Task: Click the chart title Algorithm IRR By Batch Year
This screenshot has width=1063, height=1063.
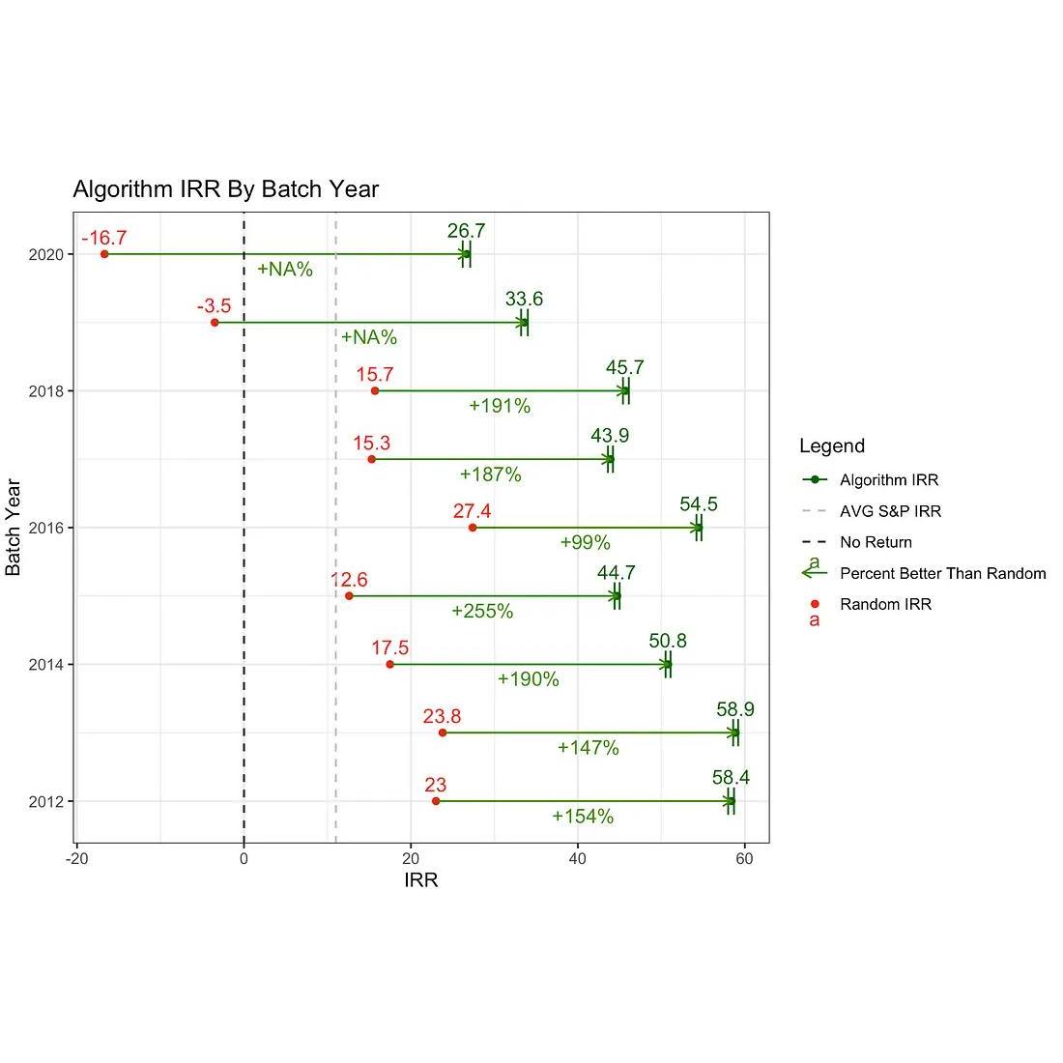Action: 225,189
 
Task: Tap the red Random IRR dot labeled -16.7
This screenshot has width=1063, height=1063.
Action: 104,254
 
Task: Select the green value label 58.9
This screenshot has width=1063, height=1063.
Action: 735,710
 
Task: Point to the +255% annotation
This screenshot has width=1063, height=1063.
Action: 482,612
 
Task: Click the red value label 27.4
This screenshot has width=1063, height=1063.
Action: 473,511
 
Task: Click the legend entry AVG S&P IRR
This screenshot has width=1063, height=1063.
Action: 889,511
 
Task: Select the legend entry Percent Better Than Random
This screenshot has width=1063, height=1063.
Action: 942,573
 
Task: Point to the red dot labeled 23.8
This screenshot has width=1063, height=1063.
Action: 443,733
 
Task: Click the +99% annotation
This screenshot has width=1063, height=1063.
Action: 585,543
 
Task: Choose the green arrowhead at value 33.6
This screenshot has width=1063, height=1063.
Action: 523,323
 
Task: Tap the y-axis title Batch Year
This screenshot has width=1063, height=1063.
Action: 14,527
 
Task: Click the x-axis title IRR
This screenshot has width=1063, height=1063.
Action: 421,880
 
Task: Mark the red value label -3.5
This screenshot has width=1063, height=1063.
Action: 214,306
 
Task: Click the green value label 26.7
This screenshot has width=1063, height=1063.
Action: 466,232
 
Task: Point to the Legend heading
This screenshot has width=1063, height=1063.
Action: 831,446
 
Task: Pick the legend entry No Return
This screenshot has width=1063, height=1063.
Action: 875,542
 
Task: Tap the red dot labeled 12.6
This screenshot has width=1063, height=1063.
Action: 349,595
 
